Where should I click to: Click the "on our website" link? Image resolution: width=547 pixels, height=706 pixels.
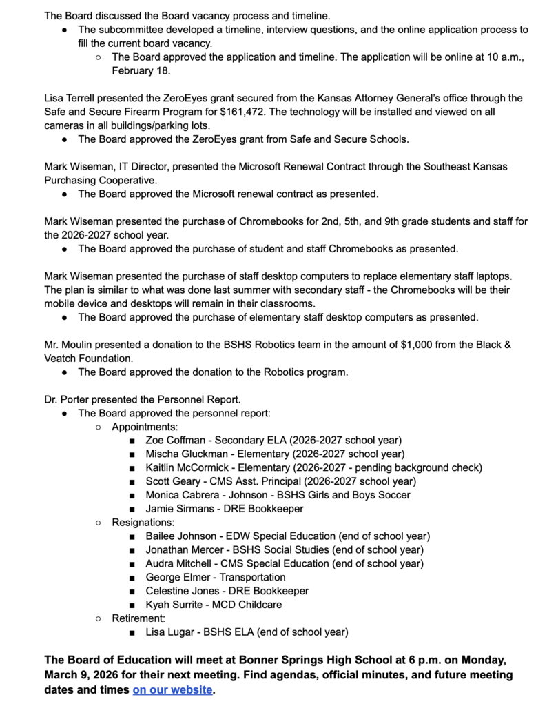pyautogui.click(x=172, y=689)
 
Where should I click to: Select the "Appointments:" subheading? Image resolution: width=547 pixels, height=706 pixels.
pyautogui.click(x=145, y=427)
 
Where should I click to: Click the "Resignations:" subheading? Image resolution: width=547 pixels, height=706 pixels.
pyautogui.click(x=143, y=523)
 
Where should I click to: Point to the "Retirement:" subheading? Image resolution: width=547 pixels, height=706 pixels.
pyautogui.click(x=138, y=618)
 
